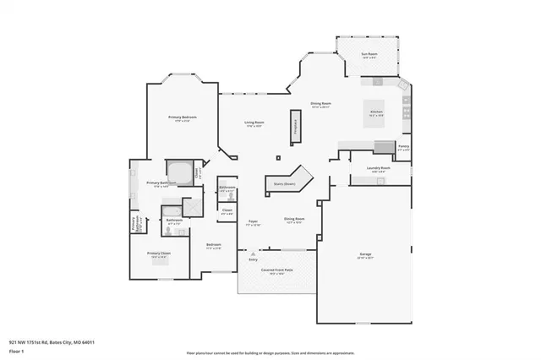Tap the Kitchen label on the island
[x=377, y=112]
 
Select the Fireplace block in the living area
[x=296, y=124]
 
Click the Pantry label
[x=403, y=148]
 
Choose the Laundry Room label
[x=378, y=168]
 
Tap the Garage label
[x=364, y=254]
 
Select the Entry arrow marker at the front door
[x=251, y=252]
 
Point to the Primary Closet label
[x=159, y=253]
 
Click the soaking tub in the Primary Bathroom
[x=178, y=169]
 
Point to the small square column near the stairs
[x=278, y=157]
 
